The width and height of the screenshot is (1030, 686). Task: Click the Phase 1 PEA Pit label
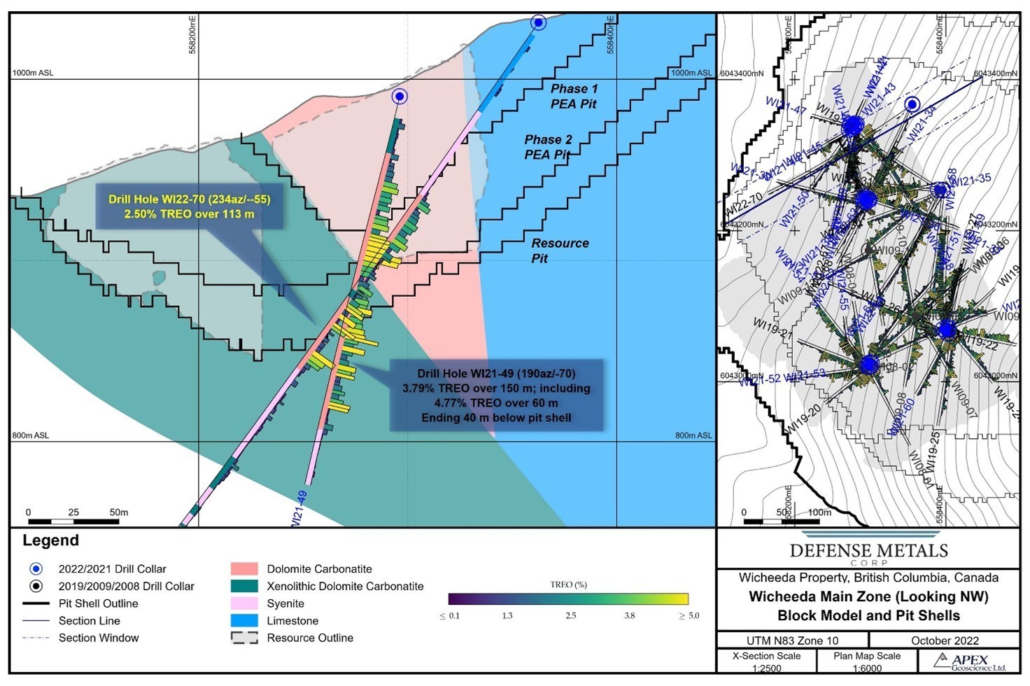coord(574,97)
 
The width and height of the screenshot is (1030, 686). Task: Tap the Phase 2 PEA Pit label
coord(548,147)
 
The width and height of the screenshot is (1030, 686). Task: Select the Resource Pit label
coord(559,251)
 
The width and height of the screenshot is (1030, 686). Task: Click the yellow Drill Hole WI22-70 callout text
coord(189,206)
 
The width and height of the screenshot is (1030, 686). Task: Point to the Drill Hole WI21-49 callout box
coord(496,395)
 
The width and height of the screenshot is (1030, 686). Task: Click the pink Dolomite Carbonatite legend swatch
coord(244,569)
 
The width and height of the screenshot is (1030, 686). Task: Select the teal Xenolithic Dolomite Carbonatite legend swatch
coord(244,586)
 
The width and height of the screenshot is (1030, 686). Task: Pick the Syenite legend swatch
coord(244,603)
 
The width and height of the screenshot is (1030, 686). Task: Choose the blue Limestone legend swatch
coord(244,620)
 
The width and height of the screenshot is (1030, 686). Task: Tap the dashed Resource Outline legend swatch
coord(244,638)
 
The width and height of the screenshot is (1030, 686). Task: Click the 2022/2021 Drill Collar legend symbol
coord(36,569)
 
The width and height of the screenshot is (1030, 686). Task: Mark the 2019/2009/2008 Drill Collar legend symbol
coord(36,586)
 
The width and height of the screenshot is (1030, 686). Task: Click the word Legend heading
coord(50,540)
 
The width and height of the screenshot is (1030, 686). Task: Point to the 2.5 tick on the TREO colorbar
coord(571,615)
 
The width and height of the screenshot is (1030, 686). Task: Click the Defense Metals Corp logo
coord(868,552)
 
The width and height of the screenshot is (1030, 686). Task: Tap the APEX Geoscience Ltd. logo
coord(971,661)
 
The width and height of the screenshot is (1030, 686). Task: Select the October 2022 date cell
coord(945,640)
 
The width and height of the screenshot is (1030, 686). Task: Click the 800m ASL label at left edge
coord(31,435)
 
